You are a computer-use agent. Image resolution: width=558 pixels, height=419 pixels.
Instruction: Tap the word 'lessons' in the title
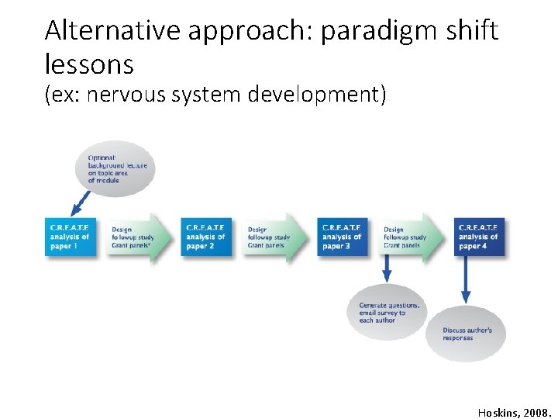(x=89, y=63)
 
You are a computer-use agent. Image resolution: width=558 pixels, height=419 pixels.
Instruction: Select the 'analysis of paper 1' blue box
(x=71, y=237)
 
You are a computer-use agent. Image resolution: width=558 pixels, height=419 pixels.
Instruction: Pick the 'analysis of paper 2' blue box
(x=207, y=237)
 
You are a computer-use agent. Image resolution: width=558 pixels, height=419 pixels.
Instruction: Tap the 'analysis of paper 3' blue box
(x=343, y=237)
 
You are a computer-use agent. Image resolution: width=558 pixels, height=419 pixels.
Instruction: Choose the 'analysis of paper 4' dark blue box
(x=479, y=237)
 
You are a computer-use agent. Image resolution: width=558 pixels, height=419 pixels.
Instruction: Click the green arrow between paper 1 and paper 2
(x=139, y=237)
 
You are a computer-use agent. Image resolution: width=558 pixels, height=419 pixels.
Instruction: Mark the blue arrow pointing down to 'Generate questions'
(x=387, y=271)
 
